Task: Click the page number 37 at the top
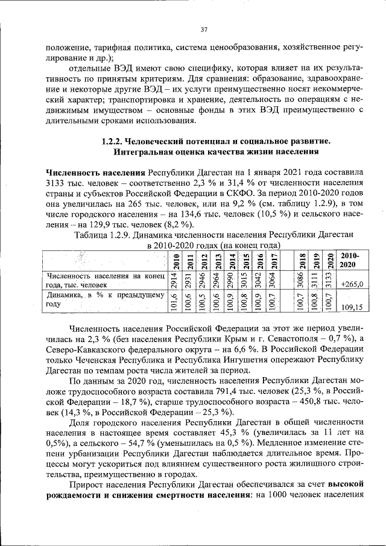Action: tap(203, 30)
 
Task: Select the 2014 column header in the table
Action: tap(232, 261)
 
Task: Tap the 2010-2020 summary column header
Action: tap(349, 261)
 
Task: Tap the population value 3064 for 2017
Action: tap(273, 281)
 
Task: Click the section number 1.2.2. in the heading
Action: tap(112, 141)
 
